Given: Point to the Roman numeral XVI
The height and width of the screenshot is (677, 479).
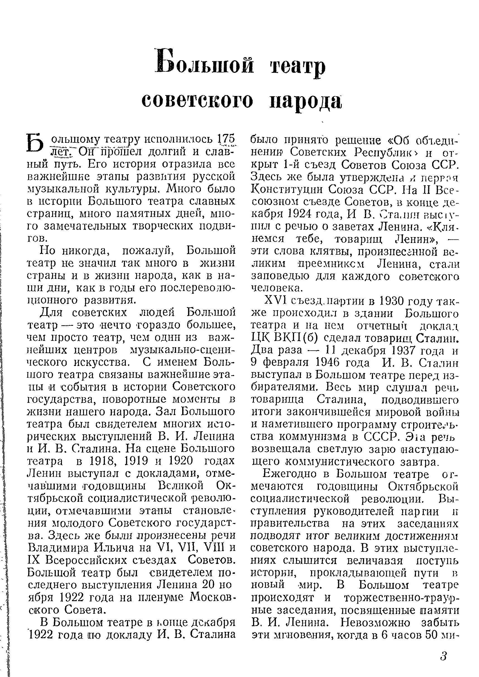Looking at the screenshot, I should click(276, 301).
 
